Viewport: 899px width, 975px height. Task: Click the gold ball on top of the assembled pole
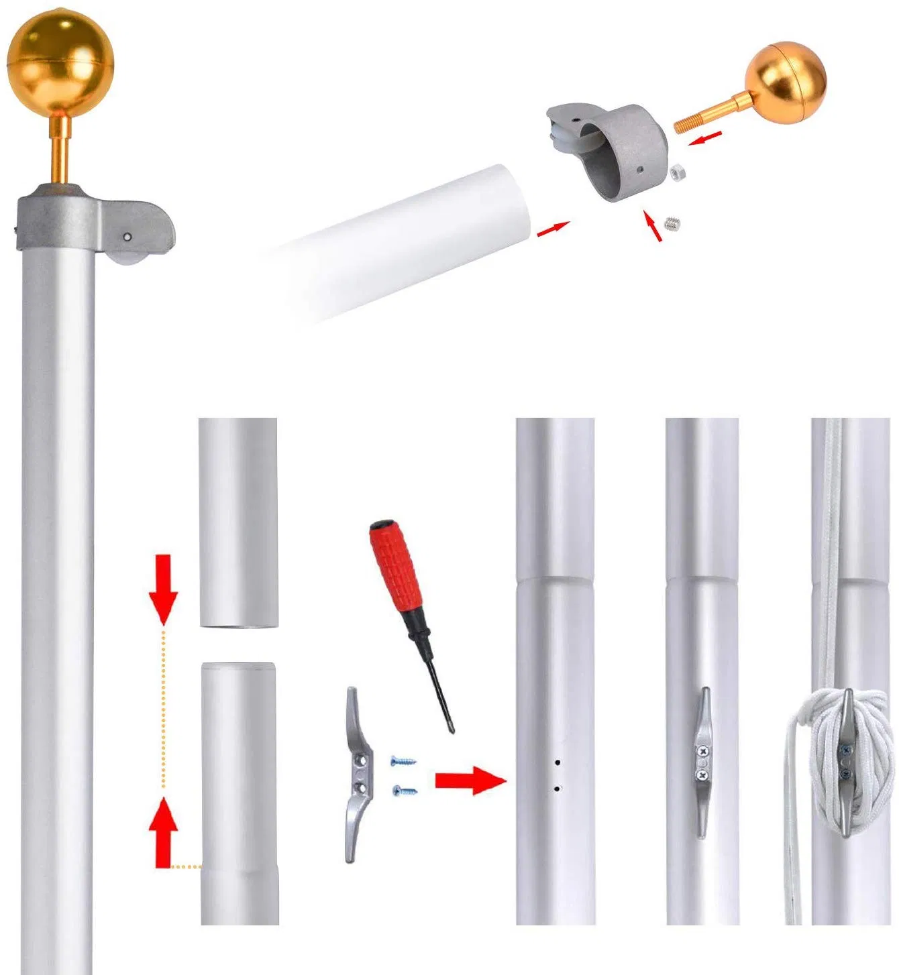click(60, 64)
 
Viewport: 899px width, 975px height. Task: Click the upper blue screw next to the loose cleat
click(403, 761)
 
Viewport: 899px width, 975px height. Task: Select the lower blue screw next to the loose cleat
click(405, 791)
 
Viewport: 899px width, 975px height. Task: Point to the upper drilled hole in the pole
click(557, 762)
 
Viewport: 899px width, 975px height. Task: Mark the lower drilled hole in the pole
click(557, 789)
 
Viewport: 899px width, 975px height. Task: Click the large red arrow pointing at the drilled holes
click(470, 781)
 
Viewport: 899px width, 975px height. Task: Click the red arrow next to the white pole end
click(553, 229)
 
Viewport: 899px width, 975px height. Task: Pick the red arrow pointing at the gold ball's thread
click(706, 139)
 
